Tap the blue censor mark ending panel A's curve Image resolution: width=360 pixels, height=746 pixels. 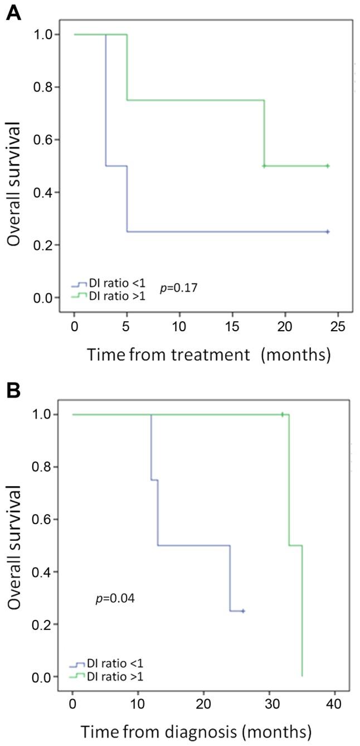tap(328, 231)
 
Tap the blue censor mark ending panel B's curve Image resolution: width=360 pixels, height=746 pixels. tap(243, 611)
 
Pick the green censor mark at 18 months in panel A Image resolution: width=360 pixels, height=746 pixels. tap(264, 166)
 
